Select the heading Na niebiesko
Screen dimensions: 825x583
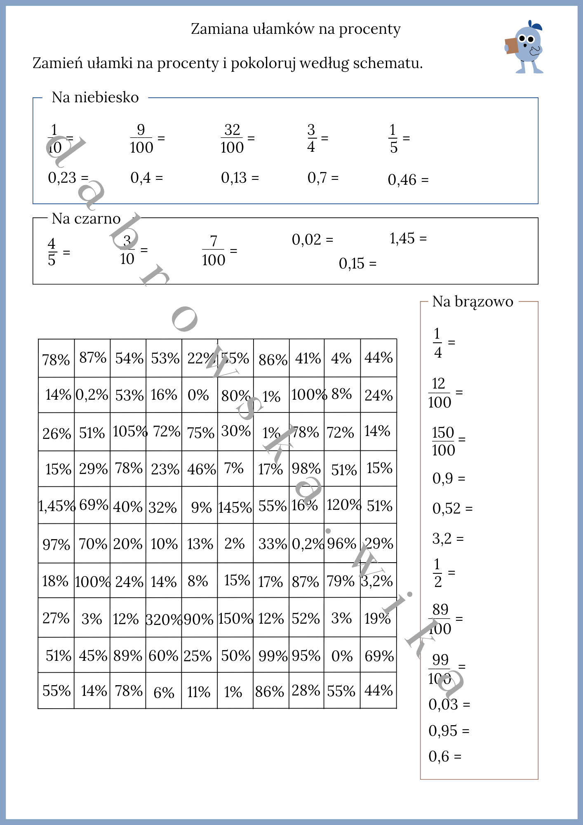click(95, 98)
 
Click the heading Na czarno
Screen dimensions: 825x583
click(86, 219)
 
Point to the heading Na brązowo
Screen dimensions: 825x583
click(473, 302)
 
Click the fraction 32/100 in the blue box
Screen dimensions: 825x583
click(232, 139)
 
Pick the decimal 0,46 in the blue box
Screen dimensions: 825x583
click(402, 180)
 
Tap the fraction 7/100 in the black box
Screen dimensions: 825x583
click(214, 250)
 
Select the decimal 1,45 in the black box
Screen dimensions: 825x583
click(402, 238)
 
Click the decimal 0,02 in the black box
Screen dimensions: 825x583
click(306, 240)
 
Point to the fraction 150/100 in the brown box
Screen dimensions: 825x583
click(443, 441)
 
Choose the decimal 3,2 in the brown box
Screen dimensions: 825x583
click(442, 538)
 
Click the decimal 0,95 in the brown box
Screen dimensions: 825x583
click(443, 731)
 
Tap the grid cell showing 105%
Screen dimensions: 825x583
click(129, 431)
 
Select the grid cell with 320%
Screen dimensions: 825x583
click(164, 619)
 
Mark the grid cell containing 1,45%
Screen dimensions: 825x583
click(56, 506)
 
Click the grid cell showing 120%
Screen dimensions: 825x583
click(343, 505)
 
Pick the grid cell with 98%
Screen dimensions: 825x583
click(306, 469)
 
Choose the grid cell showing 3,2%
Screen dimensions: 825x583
click(378, 581)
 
